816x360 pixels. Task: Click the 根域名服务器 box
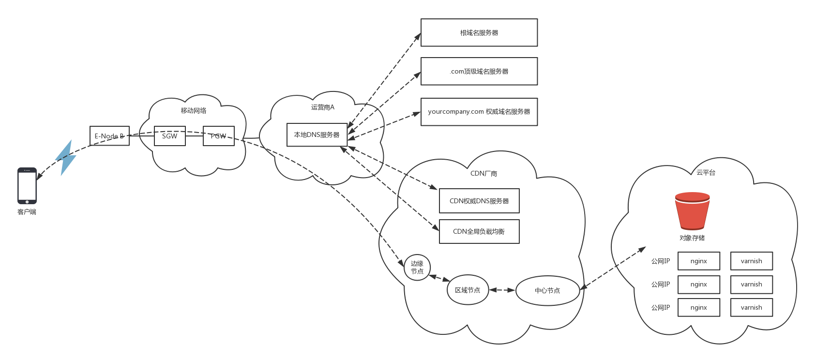pyautogui.click(x=479, y=33)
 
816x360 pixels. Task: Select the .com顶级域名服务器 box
pyautogui.click(x=479, y=72)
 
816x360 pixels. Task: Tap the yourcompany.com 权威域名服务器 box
pyautogui.click(x=479, y=112)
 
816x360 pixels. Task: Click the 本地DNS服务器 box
pyautogui.click(x=317, y=135)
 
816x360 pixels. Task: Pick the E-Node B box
pyautogui.click(x=109, y=136)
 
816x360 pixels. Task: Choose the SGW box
pyautogui.click(x=169, y=136)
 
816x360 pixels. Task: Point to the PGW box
pyautogui.click(x=219, y=136)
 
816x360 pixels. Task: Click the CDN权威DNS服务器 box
pyautogui.click(x=479, y=201)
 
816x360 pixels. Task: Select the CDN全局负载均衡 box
pyautogui.click(x=479, y=232)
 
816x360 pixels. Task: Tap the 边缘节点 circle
pyautogui.click(x=417, y=268)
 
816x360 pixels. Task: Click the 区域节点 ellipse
pyautogui.click(x=468, y=290)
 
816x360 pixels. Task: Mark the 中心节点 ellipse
pyautogui.click(x=547, y=291)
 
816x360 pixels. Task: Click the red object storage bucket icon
pyautogui.click(x=692, y=211)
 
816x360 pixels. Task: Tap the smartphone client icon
pyautogui.click(x=27, y=186)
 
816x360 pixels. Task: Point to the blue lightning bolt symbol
pyautogui.click(x=66, y=158)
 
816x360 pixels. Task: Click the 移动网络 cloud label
pyautogui.click(x=194, y=111)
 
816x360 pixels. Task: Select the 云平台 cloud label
pyautogui.click(x=706, y=173)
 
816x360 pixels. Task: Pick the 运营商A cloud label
pyautogui.click(x=323, y=107)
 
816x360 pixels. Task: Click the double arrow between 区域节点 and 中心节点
pyautogui.click(x=502, y=290)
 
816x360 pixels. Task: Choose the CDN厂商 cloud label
pyautogui.click(x=484, y=174)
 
